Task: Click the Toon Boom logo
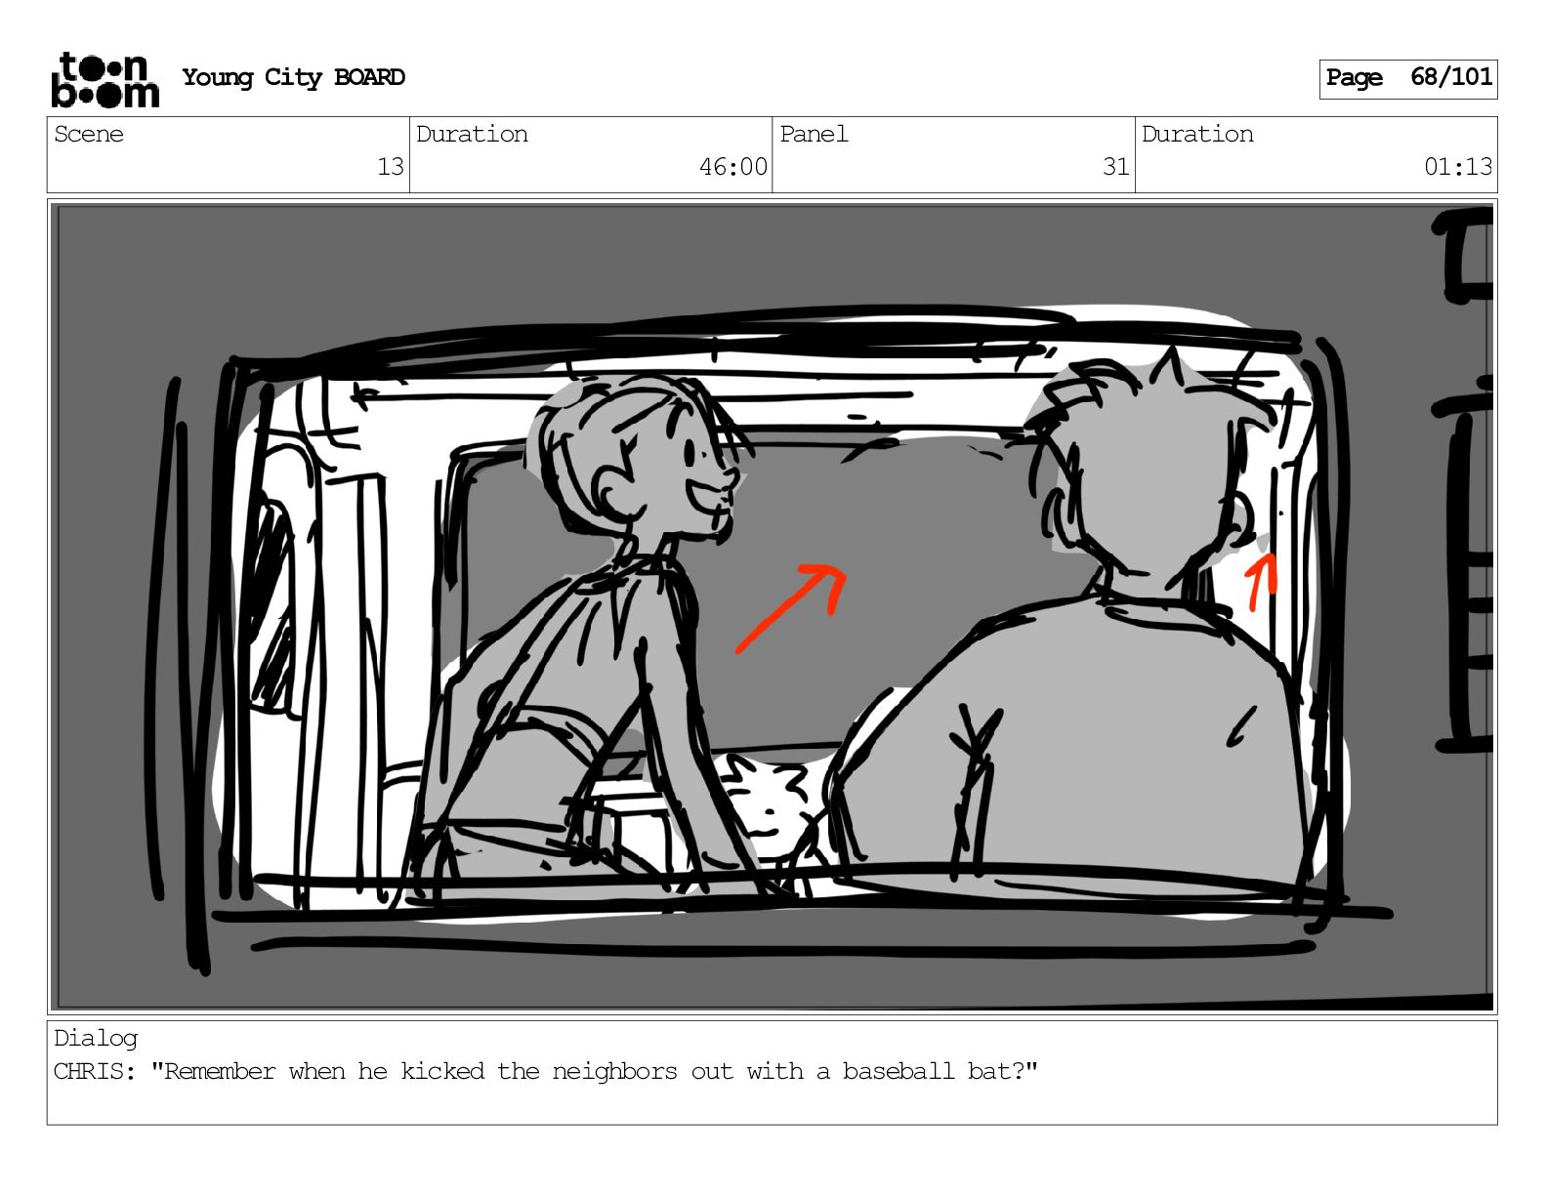click(105, 80)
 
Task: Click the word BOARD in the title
click(369, 77)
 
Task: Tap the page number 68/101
click(1451, 77)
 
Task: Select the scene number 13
click(390, 167)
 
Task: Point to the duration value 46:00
click(732, 167)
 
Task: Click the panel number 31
click(1115, 167)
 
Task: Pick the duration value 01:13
click(1457, 167)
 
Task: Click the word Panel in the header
click(814, 134)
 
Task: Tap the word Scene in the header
click(88, 134)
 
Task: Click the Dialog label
click(96, 1039)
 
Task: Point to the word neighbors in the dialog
click(614, 1071)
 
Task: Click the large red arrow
click(791, 608)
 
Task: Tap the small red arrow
click(1262, 582)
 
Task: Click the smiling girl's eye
click(690, 452)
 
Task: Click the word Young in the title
click(217, 77)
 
